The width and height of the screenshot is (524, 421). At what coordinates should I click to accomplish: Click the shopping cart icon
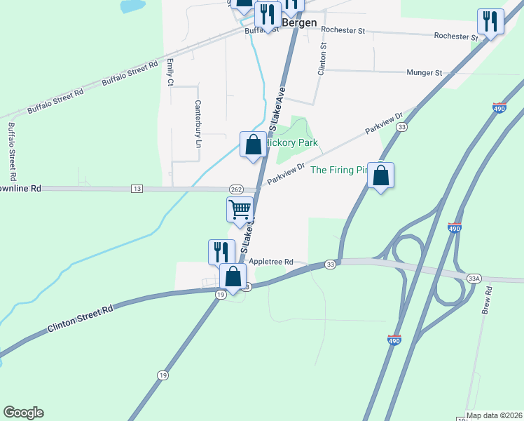click(x=240, y=210)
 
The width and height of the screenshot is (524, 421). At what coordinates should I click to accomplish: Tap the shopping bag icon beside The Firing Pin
click(x=380, y=175)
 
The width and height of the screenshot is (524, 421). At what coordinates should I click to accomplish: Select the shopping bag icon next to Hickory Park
click(x=253, y=145)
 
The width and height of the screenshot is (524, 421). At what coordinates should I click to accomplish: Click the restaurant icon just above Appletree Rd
click(x=221, y=252)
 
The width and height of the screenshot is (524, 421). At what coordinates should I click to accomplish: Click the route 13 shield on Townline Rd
click(x=137, y=189)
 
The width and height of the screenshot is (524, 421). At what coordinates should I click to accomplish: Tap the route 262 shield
click(x=235, y=189)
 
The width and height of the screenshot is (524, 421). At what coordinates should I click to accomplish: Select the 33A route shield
click(x=475, y=279)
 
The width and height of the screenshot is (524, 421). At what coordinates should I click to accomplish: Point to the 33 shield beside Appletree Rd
click(x=330, y=264)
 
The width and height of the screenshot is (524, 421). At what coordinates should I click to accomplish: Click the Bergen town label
click(x=299, y=22)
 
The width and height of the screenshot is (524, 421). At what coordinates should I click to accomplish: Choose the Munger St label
click(x=425, y=72)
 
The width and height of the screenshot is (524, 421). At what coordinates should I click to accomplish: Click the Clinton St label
click(x=322, y=59)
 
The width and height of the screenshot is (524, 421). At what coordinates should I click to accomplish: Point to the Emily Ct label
click(x=170, y=73)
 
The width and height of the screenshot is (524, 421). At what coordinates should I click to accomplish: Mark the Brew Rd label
click(x=488, y=300)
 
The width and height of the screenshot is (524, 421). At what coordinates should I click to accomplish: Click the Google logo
click(x=23, y=413)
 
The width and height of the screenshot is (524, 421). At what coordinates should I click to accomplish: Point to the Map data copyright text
click(x=495, y=415)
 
